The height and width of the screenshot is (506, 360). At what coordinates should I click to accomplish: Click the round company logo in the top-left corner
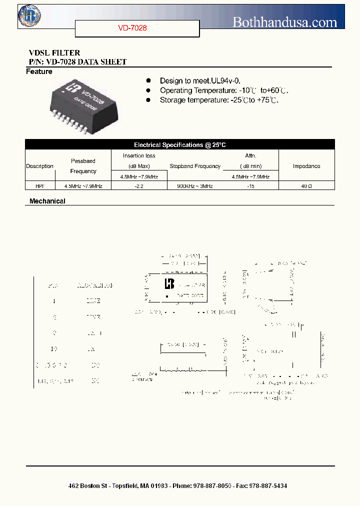[x=29, y=15]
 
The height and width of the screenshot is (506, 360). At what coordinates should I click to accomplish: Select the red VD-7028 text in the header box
[x=132, y=28]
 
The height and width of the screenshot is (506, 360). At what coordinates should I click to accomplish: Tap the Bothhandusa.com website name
[x=285, y=21]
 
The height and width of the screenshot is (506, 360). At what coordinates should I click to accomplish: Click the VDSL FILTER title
[x=54, y=53]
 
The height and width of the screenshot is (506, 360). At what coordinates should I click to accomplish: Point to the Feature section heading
[x=39, y=72]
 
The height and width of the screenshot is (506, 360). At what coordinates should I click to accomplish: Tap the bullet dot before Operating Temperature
[x=148, y=90]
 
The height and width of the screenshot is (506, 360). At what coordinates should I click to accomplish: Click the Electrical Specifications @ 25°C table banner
[x=179, y=145]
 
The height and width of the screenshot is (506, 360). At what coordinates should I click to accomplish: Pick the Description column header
[x=39, y=166]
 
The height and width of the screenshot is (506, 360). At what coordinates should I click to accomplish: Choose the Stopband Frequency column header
[x=195, y=166]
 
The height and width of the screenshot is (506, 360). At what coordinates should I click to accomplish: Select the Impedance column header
[x=306, y=166]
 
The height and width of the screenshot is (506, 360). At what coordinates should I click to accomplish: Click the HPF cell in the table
[x=39, y=186]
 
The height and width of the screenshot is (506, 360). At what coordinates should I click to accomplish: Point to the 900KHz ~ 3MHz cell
[x=195, y=186]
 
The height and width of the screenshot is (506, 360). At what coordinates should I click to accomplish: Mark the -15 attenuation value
[x=250, y=186]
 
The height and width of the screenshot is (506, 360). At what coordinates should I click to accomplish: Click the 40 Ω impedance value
[x=306, y=186]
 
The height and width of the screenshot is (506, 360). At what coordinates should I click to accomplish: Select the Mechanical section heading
[x=47, y=201]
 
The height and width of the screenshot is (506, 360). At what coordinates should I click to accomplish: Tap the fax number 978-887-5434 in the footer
[x=267, y=486]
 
